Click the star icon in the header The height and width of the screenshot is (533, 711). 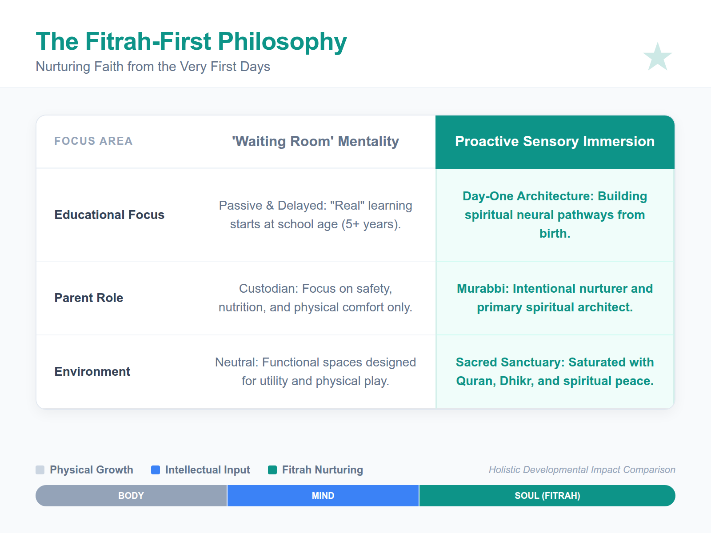657,57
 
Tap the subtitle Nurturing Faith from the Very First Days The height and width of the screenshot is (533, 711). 153,67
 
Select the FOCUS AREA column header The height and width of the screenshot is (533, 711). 93,141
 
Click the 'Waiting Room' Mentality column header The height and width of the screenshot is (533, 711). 315,141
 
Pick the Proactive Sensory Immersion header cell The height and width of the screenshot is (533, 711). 555,141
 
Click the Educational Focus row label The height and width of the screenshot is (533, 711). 109,215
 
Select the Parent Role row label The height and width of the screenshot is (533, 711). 89,298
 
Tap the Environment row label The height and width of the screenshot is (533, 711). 92,372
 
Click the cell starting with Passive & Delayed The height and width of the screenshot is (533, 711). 315,215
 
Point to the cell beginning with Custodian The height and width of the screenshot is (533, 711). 315,298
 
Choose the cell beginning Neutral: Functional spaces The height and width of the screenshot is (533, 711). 315,372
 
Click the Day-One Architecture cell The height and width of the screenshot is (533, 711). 555,215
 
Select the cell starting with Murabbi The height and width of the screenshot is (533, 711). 555,298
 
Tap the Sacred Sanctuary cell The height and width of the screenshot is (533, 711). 555,372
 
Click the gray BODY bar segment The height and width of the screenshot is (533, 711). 131,496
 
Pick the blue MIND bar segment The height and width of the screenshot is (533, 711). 323,496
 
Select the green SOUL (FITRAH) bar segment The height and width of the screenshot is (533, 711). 547,496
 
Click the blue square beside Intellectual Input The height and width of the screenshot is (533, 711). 156,470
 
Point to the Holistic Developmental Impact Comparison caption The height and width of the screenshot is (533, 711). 582,470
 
